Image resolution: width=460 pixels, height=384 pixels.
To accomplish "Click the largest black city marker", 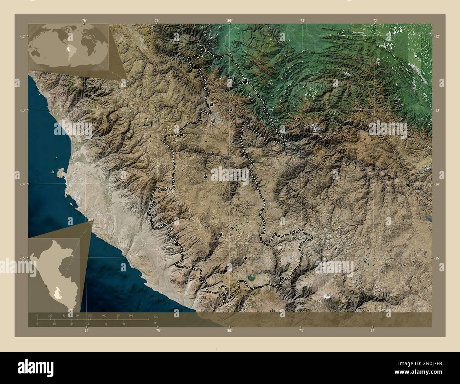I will click(x=245, y=81).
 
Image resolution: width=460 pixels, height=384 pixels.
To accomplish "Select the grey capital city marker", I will click(x=213, y=121).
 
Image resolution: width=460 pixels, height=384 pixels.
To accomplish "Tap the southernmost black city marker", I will click(x=245, y=258).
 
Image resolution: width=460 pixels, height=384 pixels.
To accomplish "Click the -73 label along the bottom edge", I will click(x=301, y=331).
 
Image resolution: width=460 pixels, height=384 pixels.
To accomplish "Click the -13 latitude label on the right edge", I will click(x=437, y=111).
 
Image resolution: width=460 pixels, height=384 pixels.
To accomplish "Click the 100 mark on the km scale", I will click(x=104, y=315).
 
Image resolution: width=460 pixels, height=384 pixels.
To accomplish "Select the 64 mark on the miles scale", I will click(x=106, y=324).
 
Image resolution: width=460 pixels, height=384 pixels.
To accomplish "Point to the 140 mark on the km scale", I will click(x=131, y=315).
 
